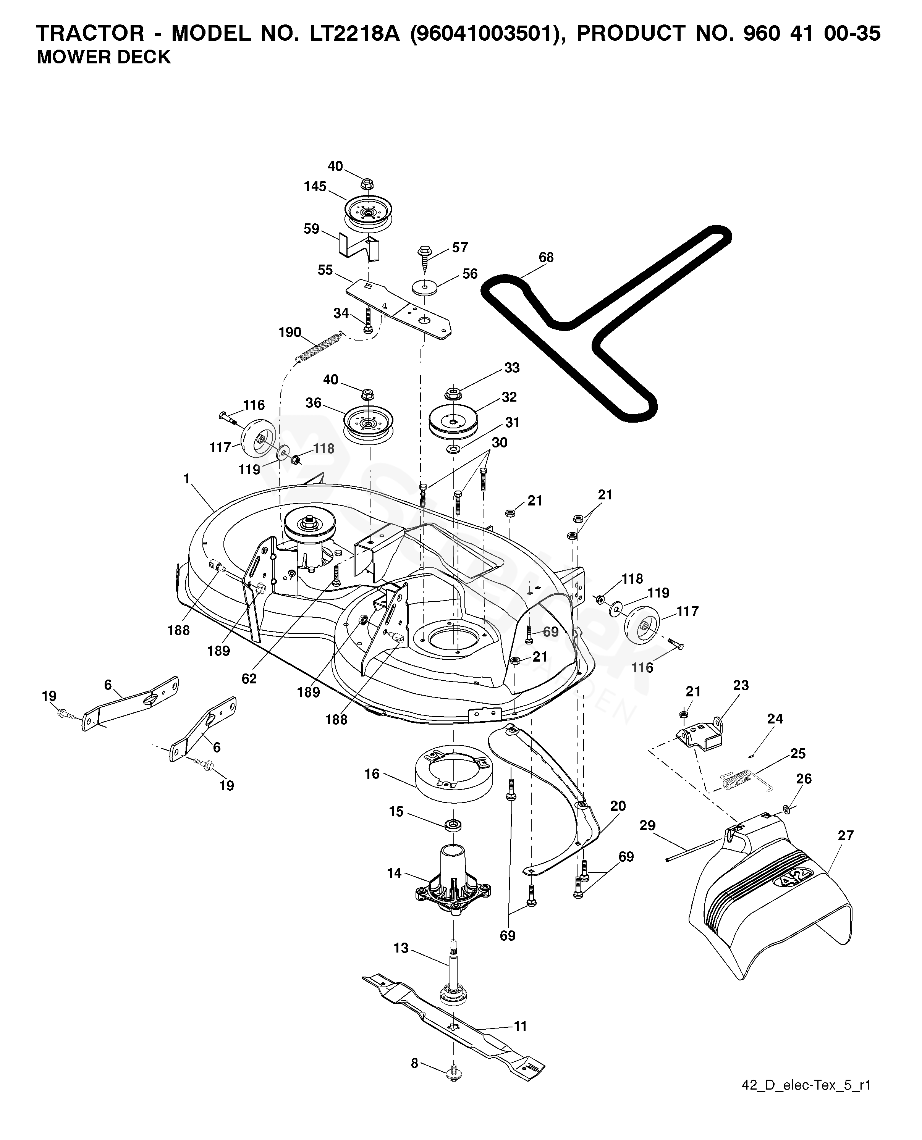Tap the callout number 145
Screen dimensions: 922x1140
(315, 186)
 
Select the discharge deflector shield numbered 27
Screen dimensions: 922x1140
(770, 902)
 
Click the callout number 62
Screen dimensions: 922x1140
(249, 678)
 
